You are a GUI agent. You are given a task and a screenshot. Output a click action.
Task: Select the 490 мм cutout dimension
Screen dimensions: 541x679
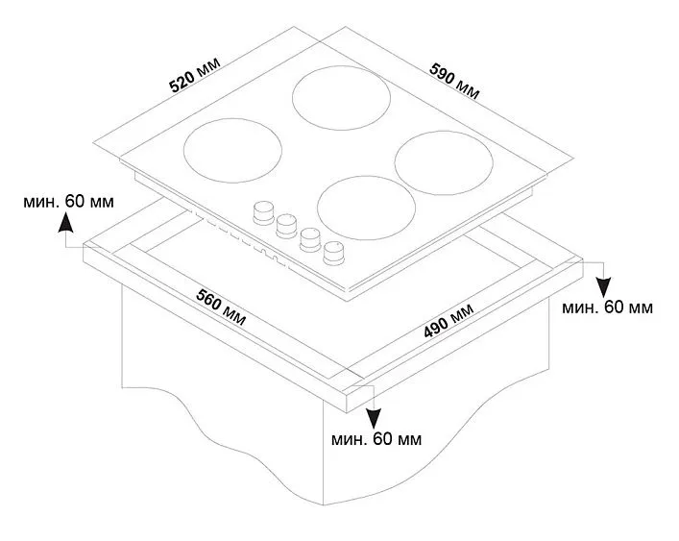[449, 320]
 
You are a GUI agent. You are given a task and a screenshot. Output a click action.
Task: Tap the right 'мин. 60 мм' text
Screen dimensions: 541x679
[607, 307]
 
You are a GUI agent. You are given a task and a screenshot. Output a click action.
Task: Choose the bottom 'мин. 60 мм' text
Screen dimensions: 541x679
[373, 439]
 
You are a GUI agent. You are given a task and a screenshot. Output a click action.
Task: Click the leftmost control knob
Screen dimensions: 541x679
[262, 210]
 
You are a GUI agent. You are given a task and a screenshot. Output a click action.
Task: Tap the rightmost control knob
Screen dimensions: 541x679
[334, 251]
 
